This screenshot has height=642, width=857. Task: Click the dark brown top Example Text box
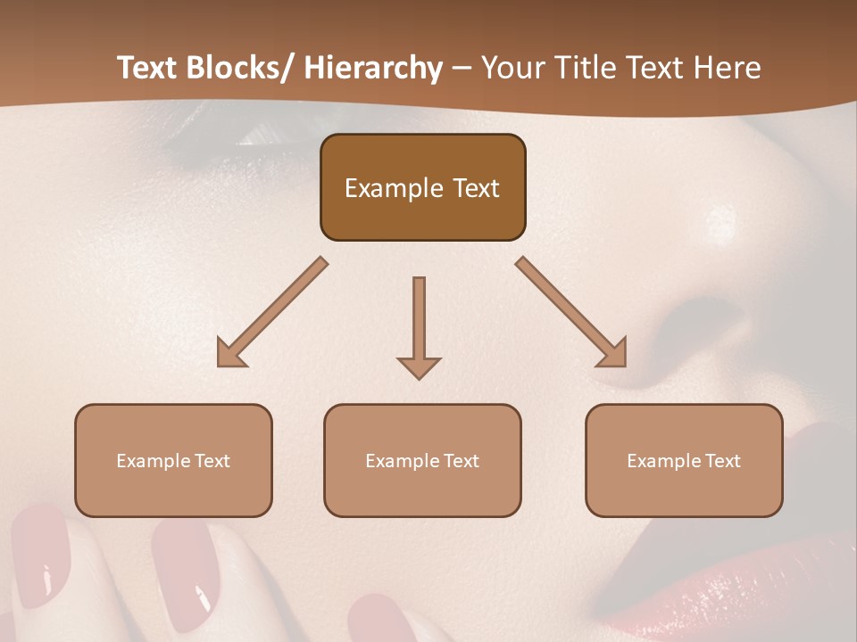422,187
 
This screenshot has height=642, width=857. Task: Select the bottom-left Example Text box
173,460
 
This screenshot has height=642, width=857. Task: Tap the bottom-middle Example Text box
422,460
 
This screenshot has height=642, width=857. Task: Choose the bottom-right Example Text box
684,460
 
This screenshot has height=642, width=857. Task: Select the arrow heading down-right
571,312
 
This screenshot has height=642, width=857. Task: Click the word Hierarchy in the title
372,69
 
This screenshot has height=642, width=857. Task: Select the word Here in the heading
727,69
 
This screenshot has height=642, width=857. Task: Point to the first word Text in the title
148,69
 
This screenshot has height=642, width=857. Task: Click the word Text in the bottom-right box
722,461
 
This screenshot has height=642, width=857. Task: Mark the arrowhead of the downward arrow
419,366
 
